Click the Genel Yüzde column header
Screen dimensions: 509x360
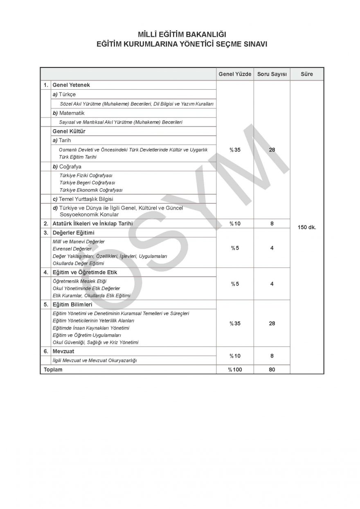235,74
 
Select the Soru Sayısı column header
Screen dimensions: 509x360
272,74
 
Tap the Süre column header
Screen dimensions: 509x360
307,74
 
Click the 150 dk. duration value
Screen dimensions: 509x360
307,227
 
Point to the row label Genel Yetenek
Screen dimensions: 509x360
71,85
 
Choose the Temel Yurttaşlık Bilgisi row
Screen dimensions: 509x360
83,199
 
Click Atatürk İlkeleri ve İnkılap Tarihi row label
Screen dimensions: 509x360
92,224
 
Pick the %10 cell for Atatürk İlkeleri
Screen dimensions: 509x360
235,224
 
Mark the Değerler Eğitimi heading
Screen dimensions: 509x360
74,233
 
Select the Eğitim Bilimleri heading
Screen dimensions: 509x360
72,304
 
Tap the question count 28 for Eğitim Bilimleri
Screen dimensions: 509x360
272,323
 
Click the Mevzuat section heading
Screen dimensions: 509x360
63,351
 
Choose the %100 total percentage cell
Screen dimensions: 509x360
235,369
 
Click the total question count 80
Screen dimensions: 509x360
272,369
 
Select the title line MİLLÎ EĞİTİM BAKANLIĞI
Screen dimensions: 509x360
180,36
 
